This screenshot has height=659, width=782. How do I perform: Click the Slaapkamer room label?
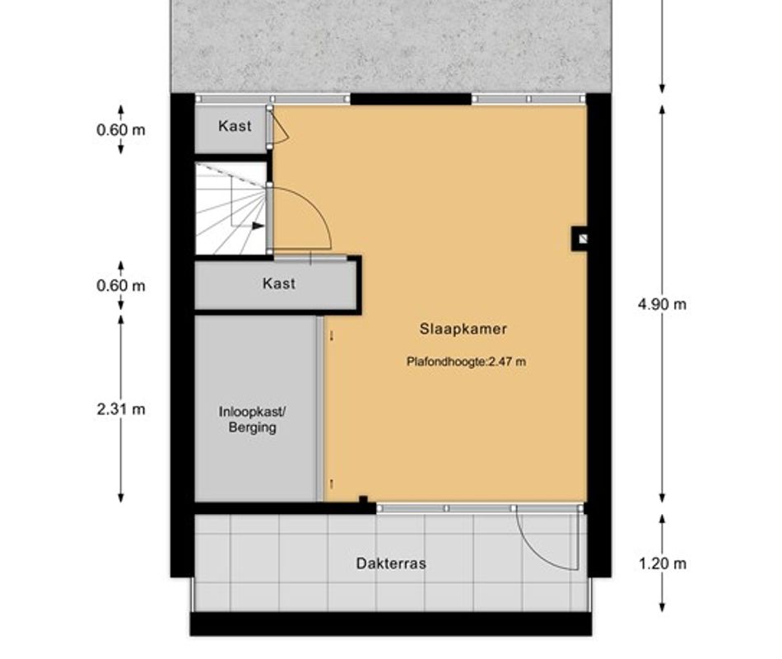point(463,329)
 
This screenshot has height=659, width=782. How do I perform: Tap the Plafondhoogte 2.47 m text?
point(466,362)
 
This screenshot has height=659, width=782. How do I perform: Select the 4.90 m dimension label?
point(662,304)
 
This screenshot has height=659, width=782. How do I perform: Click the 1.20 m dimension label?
point(663,563)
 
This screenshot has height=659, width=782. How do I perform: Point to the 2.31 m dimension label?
point(121,409)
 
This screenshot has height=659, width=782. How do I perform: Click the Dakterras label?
point(391,563)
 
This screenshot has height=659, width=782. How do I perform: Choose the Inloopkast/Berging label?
point(253,420)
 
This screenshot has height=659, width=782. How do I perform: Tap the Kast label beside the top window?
point(235,126)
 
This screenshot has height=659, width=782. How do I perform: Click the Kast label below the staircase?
point(279,283)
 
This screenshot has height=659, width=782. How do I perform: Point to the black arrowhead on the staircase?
point(258,226)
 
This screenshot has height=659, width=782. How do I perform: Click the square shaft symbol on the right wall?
point(580,239)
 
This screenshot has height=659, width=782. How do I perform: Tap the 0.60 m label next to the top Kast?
point(121,130)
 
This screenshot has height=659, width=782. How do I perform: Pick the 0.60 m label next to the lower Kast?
point(121,286)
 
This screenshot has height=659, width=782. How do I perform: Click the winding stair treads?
point(230,208)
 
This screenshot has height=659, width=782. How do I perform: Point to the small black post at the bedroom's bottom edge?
point(363,500)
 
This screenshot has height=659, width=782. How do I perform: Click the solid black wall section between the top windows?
point(411,99)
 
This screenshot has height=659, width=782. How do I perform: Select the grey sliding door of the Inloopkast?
point(319,409)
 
